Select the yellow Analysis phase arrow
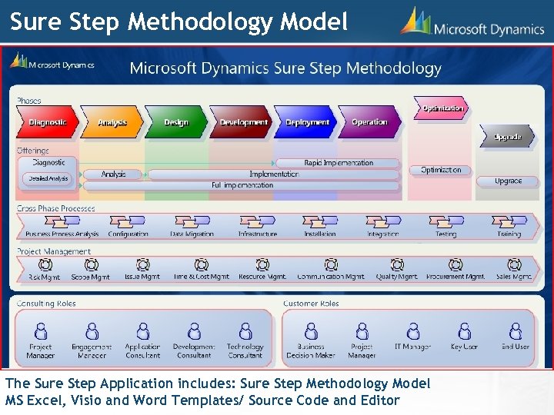coord(112,122)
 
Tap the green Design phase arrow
coord(176,122)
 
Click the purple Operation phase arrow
coord(369,122)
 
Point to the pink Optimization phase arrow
coord(442,108)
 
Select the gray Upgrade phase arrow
coord(507,137)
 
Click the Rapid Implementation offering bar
coord(339,163)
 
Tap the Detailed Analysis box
coord(48,178)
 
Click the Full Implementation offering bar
coord(243,185)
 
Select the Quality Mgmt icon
coord(397,264)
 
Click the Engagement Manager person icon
coord(92,331)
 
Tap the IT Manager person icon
coord(413,331)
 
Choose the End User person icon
coord(516,331)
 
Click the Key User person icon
coord(464,331)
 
